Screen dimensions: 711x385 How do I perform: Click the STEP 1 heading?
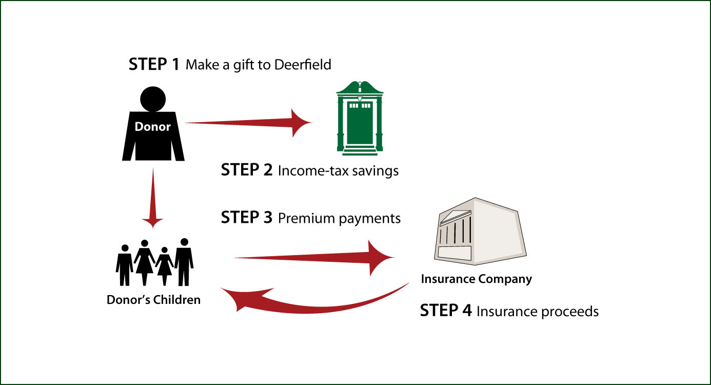154,64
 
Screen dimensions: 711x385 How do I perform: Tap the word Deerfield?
303,65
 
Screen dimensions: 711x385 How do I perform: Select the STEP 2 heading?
247,169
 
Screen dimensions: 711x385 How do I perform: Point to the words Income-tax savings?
338,171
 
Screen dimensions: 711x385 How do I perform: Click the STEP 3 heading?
247,217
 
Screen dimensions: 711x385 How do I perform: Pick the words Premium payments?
339,219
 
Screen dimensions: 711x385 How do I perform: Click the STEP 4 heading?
446,311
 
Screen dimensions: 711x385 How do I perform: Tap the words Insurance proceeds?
538,312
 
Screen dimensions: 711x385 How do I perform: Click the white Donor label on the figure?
153,126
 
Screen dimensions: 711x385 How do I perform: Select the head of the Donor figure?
153,99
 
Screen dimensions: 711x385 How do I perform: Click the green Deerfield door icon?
360,118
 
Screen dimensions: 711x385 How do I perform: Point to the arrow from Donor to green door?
248,123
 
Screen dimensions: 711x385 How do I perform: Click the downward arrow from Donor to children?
153,198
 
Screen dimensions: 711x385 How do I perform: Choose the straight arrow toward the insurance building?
314,258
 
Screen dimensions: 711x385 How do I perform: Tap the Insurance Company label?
477,279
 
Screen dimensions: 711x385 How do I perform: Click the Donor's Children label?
153,300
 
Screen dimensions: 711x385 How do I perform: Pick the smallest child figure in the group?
165,266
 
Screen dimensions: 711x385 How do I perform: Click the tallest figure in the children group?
184,262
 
